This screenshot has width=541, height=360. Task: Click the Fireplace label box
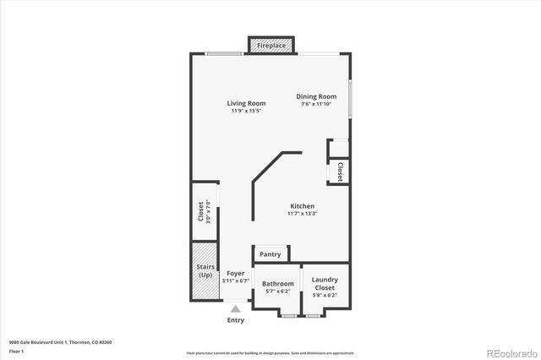click(270, 45)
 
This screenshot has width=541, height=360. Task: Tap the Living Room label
click(246, 103)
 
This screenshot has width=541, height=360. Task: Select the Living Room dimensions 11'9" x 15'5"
click(246, 111)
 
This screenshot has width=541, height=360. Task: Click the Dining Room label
click(316, 96)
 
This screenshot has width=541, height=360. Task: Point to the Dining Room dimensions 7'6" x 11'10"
click(316, 104)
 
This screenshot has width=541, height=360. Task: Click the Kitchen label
click(303, 206)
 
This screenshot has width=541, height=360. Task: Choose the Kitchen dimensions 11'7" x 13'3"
click(303, 214)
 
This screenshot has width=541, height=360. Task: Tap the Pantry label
click(270, 254)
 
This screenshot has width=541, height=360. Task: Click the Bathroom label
click(278, 284)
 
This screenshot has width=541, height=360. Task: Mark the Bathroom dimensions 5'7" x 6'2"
click(278, 292)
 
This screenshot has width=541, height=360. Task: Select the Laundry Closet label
click(325, 283)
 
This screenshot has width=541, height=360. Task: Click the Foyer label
click(235, 274)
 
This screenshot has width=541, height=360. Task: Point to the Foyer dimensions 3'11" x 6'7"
click(235, 281)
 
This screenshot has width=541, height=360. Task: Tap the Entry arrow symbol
click(236, 309)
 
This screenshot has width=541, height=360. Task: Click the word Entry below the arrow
click(236, 320)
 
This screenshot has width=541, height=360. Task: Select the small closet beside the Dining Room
click(340, 172)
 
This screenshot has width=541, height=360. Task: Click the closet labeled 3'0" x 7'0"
click(204, 211)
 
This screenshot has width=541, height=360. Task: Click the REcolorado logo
click(509, 351)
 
